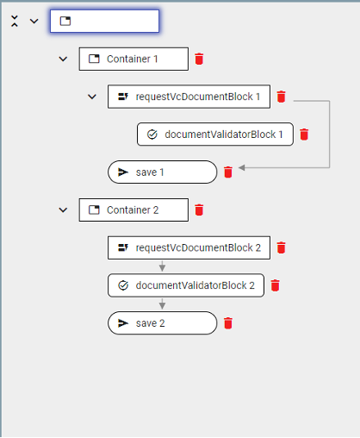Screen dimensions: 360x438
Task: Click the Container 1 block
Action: click(133, 59)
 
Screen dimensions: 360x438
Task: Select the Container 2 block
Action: click(133, 210)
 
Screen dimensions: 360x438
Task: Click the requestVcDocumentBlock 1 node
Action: click(189, 97)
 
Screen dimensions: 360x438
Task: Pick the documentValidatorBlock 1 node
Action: click(215, 135)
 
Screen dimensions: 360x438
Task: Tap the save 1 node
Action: click(163, 172)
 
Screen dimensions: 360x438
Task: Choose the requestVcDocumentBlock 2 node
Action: click(189, 247)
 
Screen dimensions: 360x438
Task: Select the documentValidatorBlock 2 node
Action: click(186, 285)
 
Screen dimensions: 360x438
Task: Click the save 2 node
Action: click(163, 323)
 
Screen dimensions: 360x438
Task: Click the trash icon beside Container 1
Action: click(199, 59)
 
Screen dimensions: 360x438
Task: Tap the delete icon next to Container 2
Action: click(199, 210)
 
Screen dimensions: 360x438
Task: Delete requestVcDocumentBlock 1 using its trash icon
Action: click(281, 97)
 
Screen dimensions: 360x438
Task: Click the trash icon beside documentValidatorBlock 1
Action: click(304, 135)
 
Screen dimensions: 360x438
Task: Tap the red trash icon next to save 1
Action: click(228, 172)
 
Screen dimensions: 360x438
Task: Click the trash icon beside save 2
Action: click(228, 323)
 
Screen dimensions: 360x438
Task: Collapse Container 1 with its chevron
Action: click(63, 59)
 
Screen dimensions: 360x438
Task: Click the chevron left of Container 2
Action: click(63, 210)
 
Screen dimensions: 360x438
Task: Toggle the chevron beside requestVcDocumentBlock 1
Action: click(92, 97)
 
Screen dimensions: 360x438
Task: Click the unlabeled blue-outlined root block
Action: click(104, 21)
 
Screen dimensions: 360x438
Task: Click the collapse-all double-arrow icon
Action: click(15, 21)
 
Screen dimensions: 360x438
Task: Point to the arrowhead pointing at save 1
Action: click(242, 167)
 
